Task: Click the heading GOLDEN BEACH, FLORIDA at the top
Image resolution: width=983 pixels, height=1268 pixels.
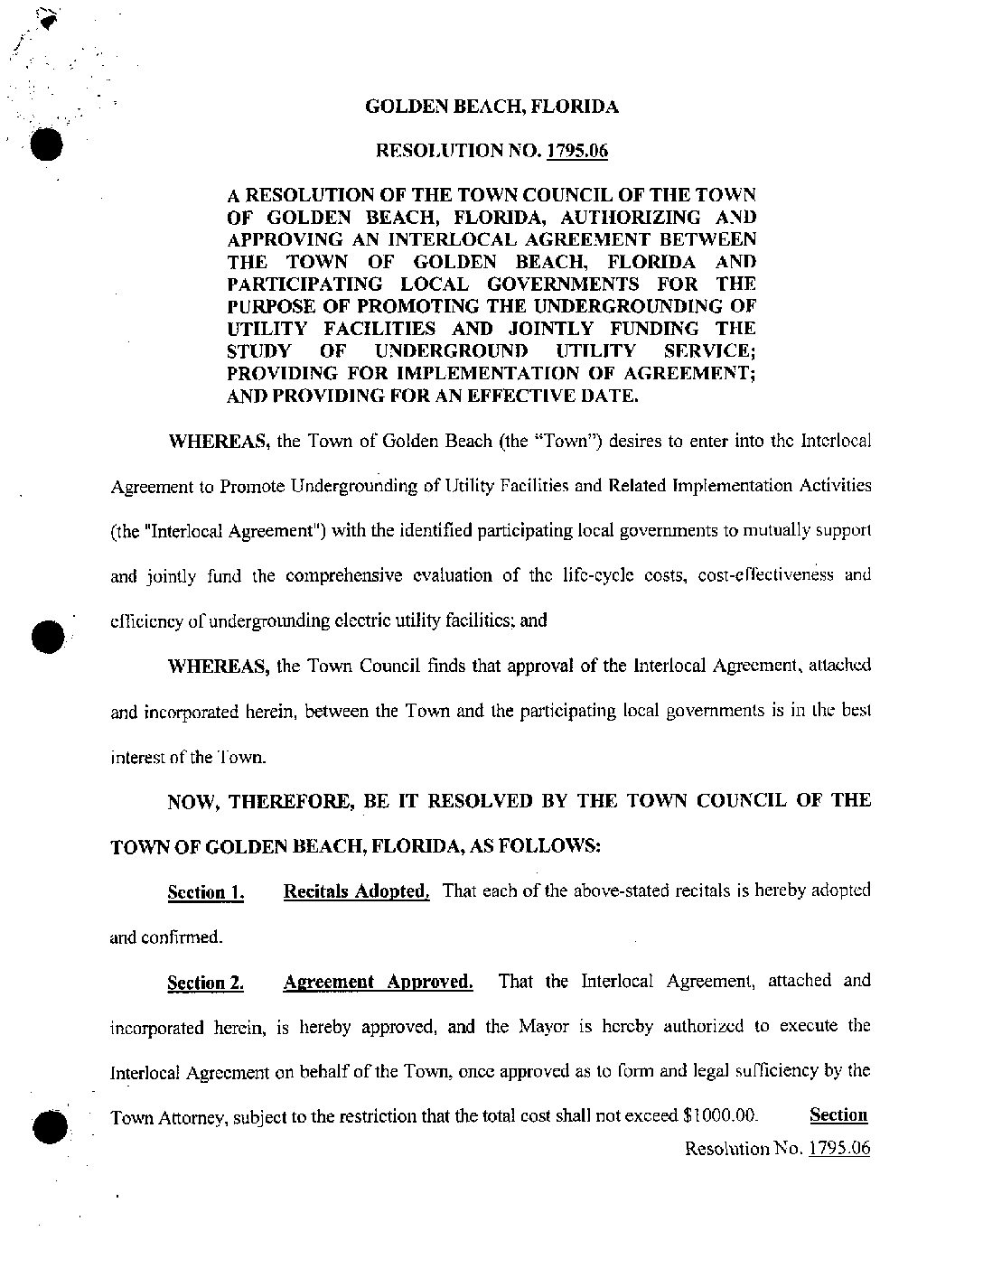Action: [x=491, y=107]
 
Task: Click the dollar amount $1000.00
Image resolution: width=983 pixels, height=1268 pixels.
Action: [x=720, y=1116]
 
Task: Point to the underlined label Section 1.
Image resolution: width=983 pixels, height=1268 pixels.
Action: [x=205, y=893]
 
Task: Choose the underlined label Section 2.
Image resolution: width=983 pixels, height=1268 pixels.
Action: [x=205, y=984]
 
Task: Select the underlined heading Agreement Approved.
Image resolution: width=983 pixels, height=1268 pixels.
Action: [x=378, y=982]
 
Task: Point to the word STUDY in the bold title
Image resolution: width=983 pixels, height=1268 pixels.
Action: [x=258, y=351]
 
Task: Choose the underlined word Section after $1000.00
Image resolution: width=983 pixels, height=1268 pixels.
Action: [x=838, y=1114]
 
